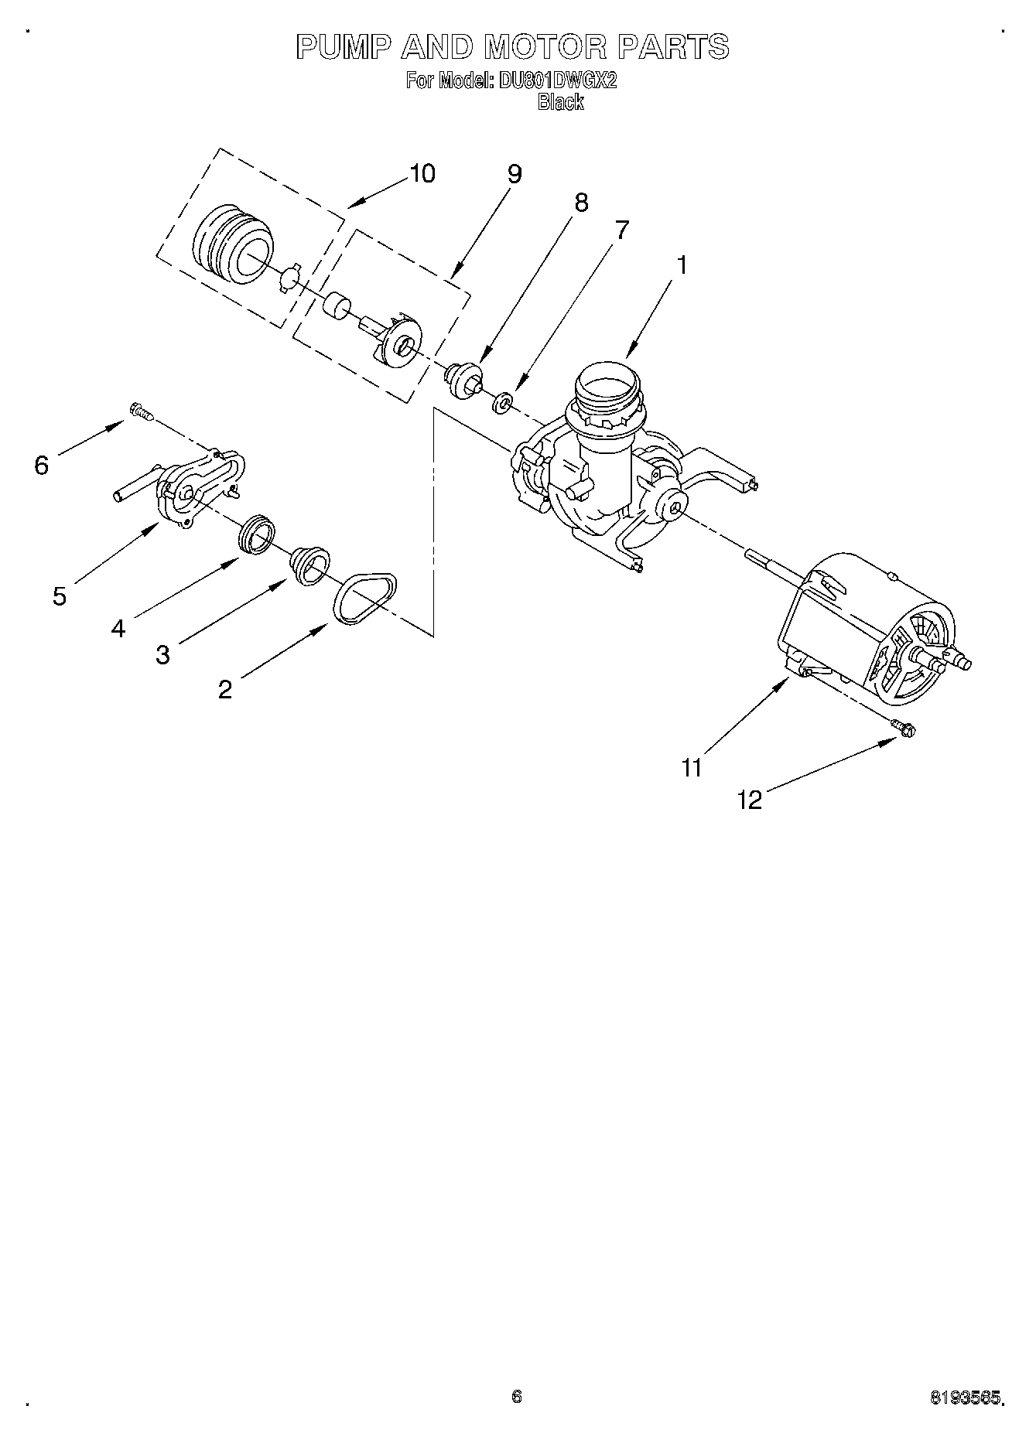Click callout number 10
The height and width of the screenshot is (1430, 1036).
click(x=422, y=173)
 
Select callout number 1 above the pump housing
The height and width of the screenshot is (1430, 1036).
click(x=681, y=265)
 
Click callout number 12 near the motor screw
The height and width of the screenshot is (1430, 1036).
click(x=749, y=800)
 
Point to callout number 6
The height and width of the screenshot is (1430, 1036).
click(x=42, y=465)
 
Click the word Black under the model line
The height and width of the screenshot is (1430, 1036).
click(x=560, y=102)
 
